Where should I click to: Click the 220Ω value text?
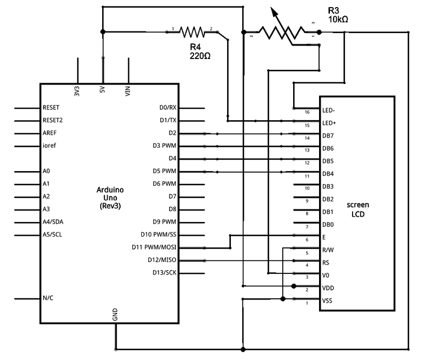(200, 56)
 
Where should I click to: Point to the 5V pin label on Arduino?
(103, 91)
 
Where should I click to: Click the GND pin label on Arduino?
(115, 315)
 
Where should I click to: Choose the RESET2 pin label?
(52, 120)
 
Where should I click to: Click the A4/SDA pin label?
(53, 222)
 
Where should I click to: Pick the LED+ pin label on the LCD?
(329, 123)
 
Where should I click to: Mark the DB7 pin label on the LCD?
(328, 136)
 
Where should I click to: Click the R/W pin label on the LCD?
(328, 251)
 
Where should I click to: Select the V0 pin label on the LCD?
(326, 275)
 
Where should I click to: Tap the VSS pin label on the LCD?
(327, 300)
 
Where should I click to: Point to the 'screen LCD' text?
(358, 210)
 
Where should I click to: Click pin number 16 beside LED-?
(307, 113)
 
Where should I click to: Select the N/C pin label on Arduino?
(48, 298)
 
